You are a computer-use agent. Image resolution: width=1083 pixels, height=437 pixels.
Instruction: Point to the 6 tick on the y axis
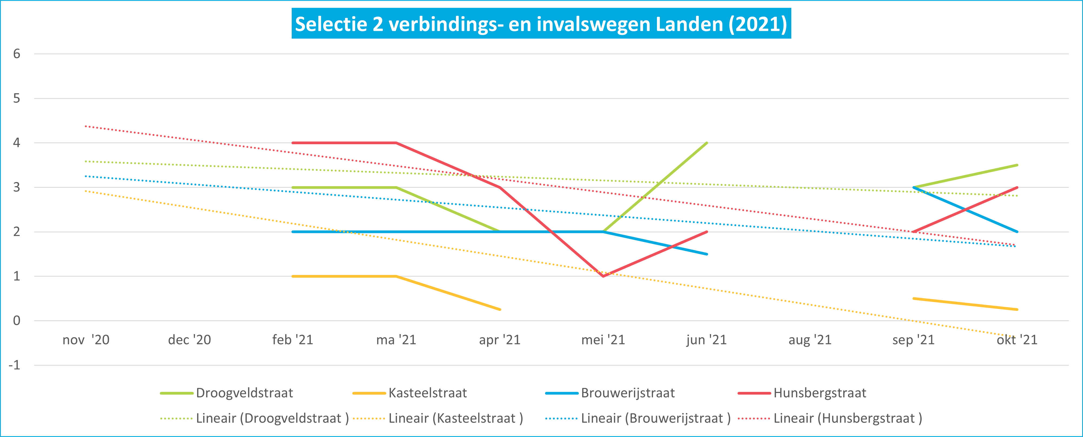(16, 54)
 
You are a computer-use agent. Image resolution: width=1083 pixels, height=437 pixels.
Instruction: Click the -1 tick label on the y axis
(14, 365)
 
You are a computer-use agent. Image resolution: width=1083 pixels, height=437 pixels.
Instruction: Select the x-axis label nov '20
(86, 339)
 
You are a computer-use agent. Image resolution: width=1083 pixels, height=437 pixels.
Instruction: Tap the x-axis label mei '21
(603, 339)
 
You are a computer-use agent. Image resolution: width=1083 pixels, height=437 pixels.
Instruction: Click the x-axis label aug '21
(810, 339)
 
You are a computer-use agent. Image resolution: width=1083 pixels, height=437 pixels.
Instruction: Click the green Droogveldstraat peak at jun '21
(707, 143)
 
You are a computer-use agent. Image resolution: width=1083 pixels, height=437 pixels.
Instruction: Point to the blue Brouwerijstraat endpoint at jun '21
(707, 254)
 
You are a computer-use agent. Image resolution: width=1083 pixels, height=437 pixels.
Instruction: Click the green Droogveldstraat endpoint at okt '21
(1017, 165)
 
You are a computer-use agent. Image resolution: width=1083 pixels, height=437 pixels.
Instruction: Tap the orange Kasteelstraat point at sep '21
(913, 298)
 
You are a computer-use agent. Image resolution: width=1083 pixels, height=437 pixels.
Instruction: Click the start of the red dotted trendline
(86, 126)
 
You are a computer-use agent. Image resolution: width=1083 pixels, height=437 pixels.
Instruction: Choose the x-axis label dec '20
(189, 339)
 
